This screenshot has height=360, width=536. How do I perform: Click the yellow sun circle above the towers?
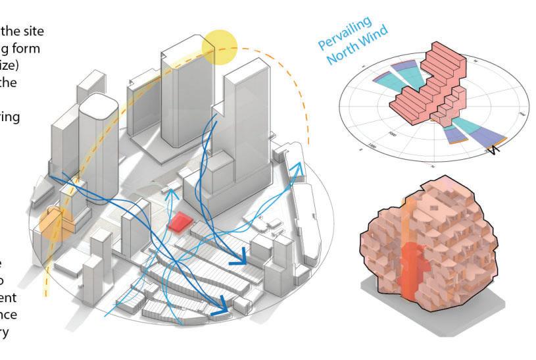pos(219,47)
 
